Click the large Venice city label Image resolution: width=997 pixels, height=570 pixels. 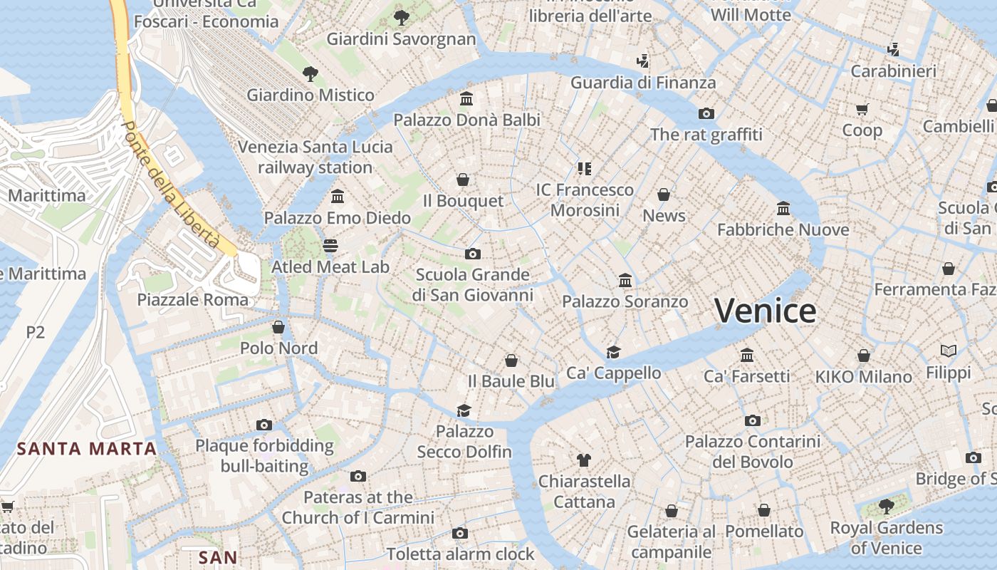click(765, 311)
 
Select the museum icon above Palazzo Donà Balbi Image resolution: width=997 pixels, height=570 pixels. click(466, 98)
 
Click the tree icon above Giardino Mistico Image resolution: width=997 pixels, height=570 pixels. click(310, 73)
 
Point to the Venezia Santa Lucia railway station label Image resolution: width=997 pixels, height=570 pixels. click(315, 157)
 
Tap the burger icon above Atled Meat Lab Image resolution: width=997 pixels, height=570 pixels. click(330, 246)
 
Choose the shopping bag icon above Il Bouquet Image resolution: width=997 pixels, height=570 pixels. click(463, 179)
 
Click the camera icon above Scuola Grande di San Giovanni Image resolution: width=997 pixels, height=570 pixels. click(472, 253)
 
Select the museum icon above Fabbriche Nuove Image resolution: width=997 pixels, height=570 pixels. click(783, 208)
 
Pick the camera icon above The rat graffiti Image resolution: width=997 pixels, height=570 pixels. click(706, 113)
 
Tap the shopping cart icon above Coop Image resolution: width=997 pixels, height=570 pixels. click(862, 109)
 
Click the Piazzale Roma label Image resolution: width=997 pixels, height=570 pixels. click(193, 299)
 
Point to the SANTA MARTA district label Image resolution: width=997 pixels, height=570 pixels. click(87, 449)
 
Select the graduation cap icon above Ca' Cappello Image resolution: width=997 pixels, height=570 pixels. click(613, 351)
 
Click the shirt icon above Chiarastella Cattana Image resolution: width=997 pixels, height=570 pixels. click(584, 460)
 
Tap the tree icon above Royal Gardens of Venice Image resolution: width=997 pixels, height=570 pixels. click(887, 507)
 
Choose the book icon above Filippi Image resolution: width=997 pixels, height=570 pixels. click(948, 351)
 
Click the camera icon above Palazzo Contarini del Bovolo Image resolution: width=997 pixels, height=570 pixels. click(753, 420)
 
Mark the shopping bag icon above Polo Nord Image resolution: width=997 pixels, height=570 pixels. click(278, 327)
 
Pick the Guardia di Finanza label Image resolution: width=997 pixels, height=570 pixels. click(643, 83)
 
